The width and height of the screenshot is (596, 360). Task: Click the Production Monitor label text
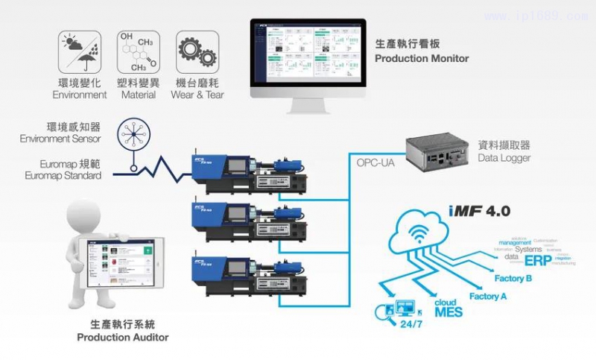[x=422, y=58]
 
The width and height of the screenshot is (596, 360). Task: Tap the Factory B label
[x=513, y=279]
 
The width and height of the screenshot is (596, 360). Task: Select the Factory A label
[x=489, y=296]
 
